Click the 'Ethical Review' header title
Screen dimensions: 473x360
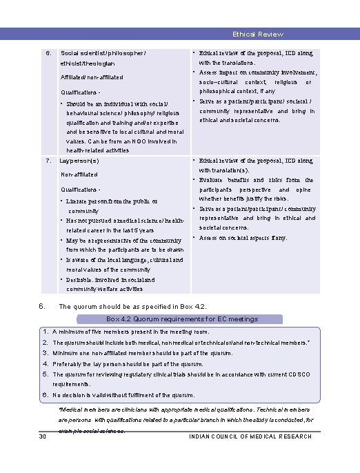click(x=257, y=34)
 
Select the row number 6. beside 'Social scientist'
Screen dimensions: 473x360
click(x=48, y=53)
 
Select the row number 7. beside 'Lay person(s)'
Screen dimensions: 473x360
click(x=48, y=161)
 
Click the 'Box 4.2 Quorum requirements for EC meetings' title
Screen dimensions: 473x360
click(x=182, y=319)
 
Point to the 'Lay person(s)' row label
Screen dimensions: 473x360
click(x=80, y=161)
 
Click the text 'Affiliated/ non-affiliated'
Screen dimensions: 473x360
click(x=92, y=78)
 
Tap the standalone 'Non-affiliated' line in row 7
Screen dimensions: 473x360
click(x=79, y=174)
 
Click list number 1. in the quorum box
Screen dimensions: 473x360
click(x=45, y=332)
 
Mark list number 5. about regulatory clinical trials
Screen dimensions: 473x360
click(x=45, y=374)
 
